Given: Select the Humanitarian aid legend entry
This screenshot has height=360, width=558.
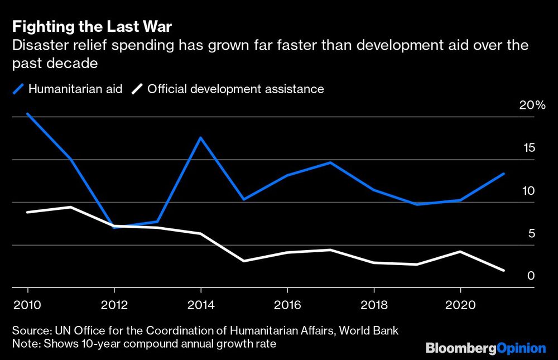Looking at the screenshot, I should (67, 89).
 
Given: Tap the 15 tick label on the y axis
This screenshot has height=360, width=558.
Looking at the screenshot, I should (530, 148).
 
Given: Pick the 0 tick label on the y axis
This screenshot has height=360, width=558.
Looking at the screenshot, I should (532, 276).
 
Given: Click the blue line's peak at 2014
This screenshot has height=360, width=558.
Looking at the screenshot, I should (200, 137).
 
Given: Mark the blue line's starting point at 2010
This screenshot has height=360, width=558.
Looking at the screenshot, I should (27, 114).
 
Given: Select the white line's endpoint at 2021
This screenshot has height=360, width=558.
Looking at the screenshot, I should (504, 270).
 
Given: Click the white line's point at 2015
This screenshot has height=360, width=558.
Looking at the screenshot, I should (244, 261).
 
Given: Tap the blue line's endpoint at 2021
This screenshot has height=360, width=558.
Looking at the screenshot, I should (504, 174).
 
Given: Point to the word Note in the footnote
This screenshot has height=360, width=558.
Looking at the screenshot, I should (24, 343).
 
